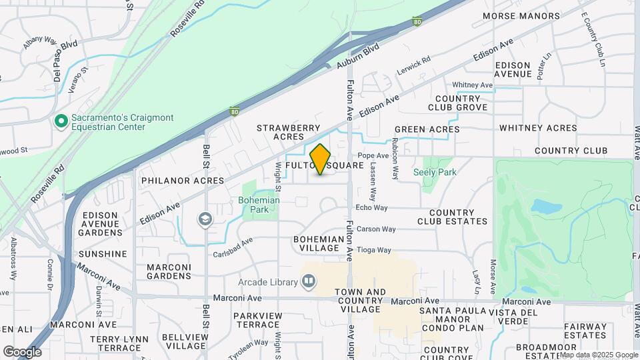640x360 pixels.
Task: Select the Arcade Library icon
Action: [308, 282]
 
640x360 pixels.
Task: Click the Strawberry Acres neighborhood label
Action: [281, 131]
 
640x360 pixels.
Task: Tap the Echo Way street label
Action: [372, 208]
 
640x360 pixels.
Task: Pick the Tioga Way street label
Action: [374, 250]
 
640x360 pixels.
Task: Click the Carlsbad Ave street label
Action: [233, 248]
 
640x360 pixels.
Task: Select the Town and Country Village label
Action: [360, 301]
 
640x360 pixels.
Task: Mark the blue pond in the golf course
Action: [548, 207]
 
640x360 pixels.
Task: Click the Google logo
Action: [22, 352]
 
